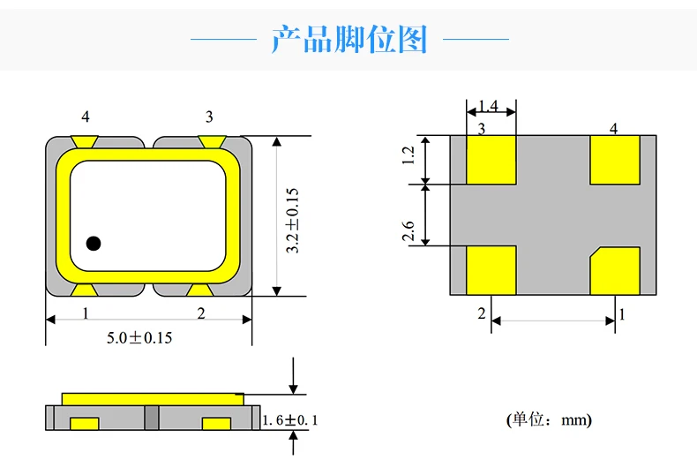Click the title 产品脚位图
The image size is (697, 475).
click(x=349, y=40)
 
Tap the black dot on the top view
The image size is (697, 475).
click(x=94, y=243)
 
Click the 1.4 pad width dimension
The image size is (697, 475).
click(x=488, y=107)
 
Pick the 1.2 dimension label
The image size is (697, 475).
click(x=408, y=157)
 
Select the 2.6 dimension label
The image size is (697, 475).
click(x=408, y=232)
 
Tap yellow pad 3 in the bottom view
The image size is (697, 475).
click(x=491, y=161)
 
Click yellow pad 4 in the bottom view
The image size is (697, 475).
click(x=614, y=161)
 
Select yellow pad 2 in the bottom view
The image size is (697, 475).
click(x=491, y=270)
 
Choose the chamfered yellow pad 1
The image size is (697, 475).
click(x=615, y=270)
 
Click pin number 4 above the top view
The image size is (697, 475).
click(x=86, y=117)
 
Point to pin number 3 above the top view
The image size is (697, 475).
click(x=209, y=117)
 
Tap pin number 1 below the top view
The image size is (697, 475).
click(x=86, y=313)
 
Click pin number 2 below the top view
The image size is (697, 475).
click(x=201, y=313)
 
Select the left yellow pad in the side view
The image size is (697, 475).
click(x=84, y=424)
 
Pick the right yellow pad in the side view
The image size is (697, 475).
click(x=215, y=424)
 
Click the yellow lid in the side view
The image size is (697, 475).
click(x=152, y=399)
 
